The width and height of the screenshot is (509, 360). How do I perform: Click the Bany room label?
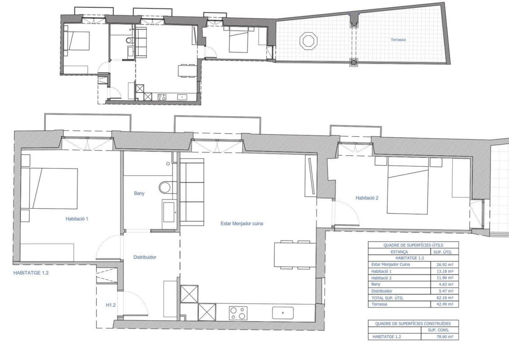point(139,193)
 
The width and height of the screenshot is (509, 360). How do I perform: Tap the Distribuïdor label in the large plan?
point(145,257)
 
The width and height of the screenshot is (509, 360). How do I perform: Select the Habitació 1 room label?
point(77,219)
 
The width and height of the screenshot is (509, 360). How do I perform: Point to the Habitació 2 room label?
point(367,198)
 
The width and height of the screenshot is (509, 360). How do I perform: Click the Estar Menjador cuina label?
point(242,224)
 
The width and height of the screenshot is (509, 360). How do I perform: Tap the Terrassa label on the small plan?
point(398,40)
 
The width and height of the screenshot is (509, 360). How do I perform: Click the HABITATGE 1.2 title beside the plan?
point(31,273)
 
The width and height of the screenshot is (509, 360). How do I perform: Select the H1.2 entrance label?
point(111,305)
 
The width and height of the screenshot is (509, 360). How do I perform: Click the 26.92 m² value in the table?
point(444,265)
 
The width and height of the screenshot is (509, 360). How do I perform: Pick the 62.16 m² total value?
point(444,297)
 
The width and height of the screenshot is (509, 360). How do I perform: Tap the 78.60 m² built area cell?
point(444,337)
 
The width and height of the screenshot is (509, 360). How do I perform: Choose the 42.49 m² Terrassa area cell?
point(444,304)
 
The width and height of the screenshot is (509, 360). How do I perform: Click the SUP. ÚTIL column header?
point(442,252)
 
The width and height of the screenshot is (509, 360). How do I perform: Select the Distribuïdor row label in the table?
point(381,291)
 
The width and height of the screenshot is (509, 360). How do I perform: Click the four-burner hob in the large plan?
point(239,313)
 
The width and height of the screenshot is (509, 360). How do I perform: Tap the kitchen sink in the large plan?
point(283,313)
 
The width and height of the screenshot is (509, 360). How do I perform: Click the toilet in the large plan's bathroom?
point(166,187)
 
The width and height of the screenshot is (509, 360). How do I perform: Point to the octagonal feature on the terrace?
point(308,40)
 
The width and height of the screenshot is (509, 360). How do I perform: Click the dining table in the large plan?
point(295,255)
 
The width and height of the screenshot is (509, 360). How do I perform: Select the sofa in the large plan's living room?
point(192,192)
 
